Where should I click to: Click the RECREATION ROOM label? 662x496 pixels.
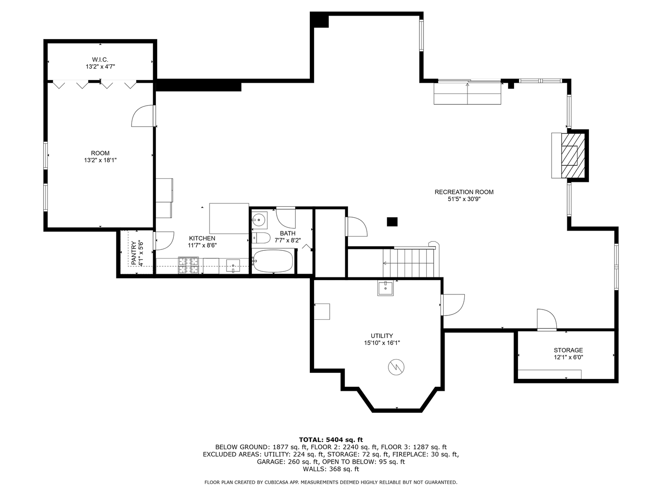pyautogui.click(x=464, y=192)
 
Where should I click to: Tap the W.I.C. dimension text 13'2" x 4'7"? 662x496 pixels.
pyautogui.click(x=100, y=67)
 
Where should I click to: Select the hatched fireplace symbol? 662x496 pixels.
pyautogui.click(x=573, y=155)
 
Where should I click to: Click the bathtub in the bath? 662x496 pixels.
pyautogui.click(x=273, y=261)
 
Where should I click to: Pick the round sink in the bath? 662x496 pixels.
pyautogui.click(x=259, y=220)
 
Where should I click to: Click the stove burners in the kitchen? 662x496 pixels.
pyautogui.click(x=188, y=265)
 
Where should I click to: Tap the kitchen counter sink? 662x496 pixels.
pyautogui.click(x=233, y=265)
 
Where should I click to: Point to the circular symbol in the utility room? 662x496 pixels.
pyautogui.click(x=396, y=367)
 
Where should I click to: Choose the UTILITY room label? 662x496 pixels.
pyautogui.click(x=382, y=336)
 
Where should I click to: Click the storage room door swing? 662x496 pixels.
pyautogui.click(x=547, y=320)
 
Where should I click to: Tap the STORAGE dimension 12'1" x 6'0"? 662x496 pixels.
pyautogui.click(x=569, y=357)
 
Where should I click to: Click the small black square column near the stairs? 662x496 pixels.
pyautogui.click(x=392, y=222)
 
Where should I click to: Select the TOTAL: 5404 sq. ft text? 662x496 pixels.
pyautogui.click(x=331, y=440)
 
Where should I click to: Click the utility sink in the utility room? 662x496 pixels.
pyautogui.click(x=385, y=288)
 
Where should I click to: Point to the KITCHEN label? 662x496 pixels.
pyautogui.click(x=202, y=238)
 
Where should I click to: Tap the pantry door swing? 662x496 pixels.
pyautogui.click(x=164, y=241)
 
